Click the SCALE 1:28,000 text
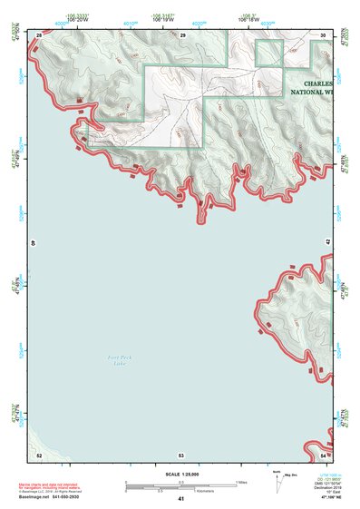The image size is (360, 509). click(x=180, y=474)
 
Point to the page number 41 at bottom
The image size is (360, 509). click(x=180, y=499)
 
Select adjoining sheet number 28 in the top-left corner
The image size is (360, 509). click(x=39, y=34)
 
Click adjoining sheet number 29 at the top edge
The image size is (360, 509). click(x=181, y=34)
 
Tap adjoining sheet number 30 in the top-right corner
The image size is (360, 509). click(x=323, y=34)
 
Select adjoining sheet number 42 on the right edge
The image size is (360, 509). click(x=326, y=243)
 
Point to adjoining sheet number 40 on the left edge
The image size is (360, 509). click(x=35, y=243)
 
